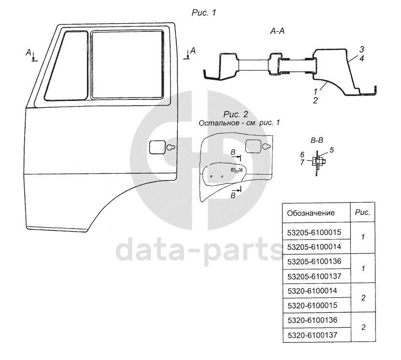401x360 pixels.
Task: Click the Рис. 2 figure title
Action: coord(236,114)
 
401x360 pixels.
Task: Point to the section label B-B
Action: coord(316,141)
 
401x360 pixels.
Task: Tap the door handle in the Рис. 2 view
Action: coord(258,146)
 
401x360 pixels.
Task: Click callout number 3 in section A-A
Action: coord(361,50)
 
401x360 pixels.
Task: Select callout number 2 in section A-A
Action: coord(315,101)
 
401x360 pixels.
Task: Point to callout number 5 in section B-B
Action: coord(331,150)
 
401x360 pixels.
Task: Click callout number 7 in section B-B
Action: coord(302,162)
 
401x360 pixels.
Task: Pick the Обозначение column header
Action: coord(311,213)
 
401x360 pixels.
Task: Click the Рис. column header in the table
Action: coord(362,212)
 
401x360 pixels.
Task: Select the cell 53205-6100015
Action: coord(314,232)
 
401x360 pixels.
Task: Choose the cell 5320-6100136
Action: coord(312,319)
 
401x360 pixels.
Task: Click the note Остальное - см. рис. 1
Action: coord(240,123)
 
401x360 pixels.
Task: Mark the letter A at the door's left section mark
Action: coord(29,52)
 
